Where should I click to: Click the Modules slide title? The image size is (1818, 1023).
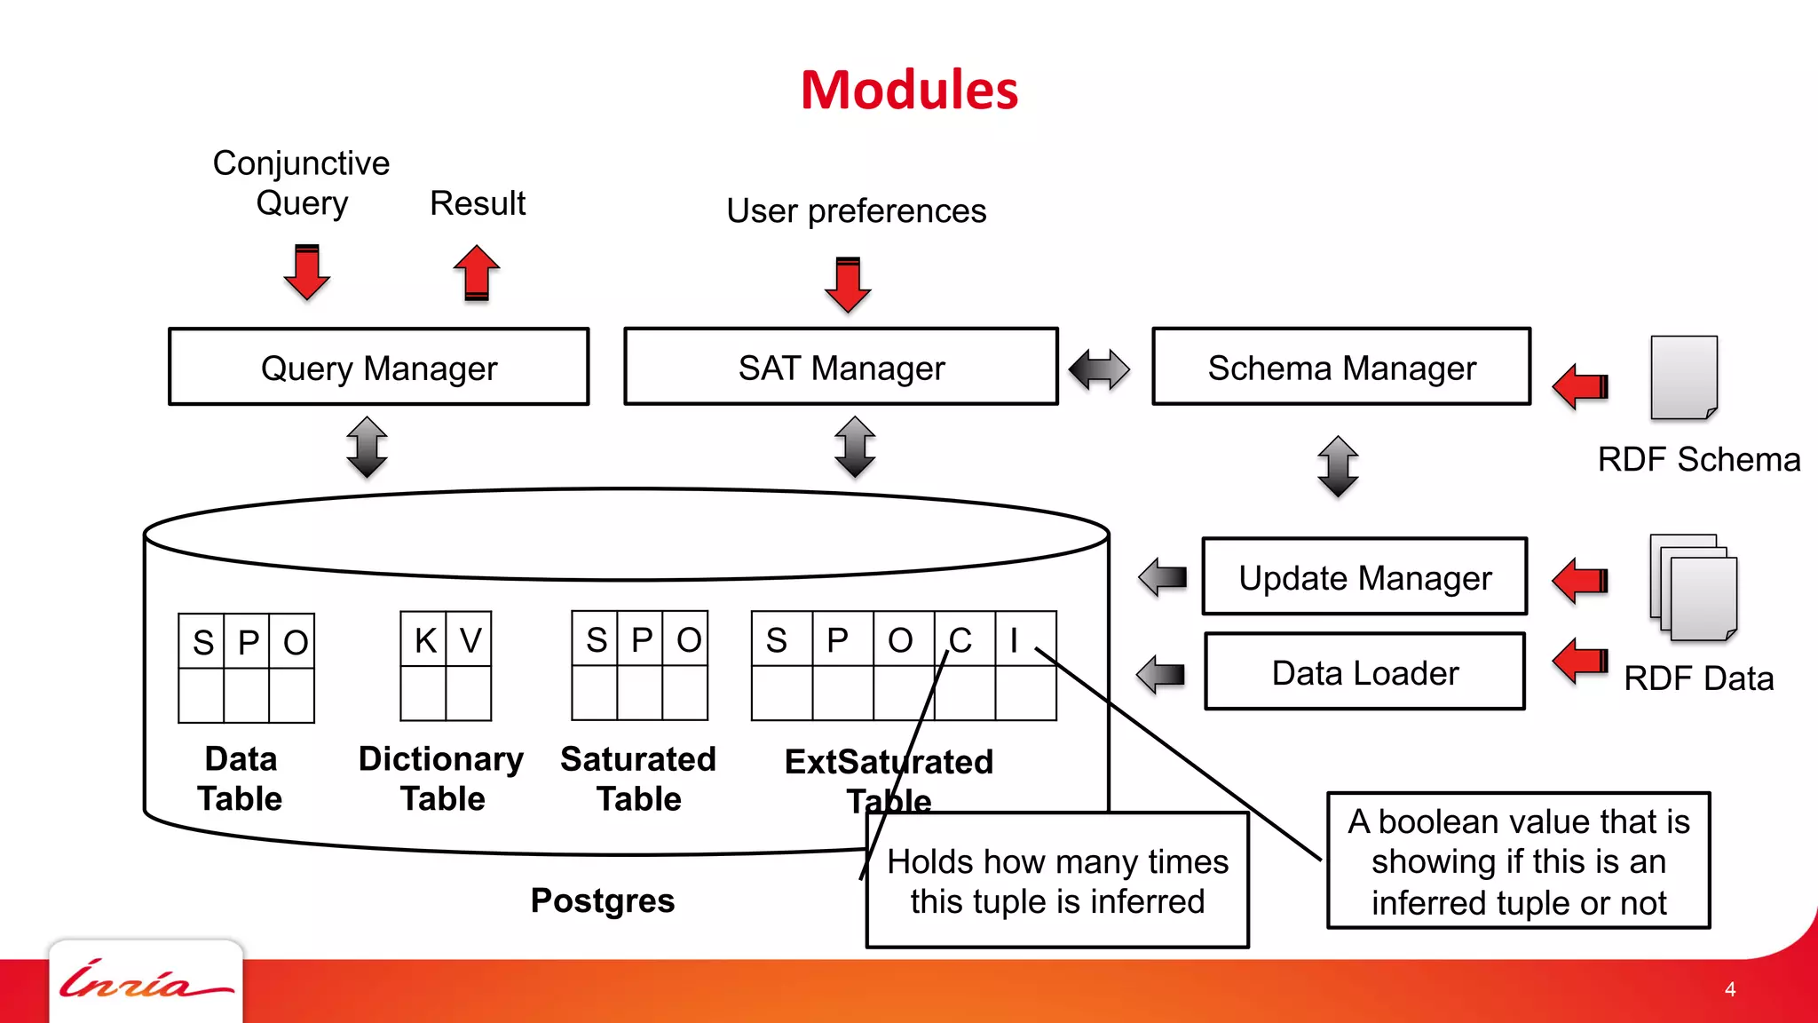pyautogui.click(x=909, y=91)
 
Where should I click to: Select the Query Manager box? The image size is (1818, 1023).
pyautogui.click(x=379, y=367)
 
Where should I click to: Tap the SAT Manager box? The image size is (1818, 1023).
pyautogui.click(x=841, y=367)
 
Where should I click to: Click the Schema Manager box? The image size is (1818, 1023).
pyautogui.click(x=1341, y=367)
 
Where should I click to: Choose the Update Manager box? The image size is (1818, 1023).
pyautogui.click(x=1364, y=577)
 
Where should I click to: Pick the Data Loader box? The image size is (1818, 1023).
pyautogui.click(x=1364, y=672)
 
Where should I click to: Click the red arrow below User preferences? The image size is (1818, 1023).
pyautogui.click(x=848, y=284)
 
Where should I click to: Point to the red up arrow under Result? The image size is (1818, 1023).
pyautogui.click(x=477, y=273)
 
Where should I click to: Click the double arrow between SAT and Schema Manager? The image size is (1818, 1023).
pyautogui.click(x=1099, y=369)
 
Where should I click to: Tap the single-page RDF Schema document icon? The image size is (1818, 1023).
pyautogui.click(x=1683, y=377)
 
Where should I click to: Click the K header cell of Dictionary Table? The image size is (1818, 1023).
pyautogui.click(x=424, y=639)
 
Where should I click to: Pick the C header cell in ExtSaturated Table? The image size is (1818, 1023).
pyautogui.click(x=963, y=639)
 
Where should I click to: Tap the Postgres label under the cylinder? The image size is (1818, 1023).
pyautogui.click(x=603, y=900)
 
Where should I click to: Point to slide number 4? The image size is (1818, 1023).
pyautogui.click(x=1729, y=989)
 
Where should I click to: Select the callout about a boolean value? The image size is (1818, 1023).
pyautogui.click(x=1518, y=860)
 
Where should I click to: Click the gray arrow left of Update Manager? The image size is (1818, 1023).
pyautogui.click(x=1163, y=577)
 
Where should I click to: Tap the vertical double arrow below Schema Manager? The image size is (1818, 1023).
pyautogui.click(x=1338, y=465)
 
